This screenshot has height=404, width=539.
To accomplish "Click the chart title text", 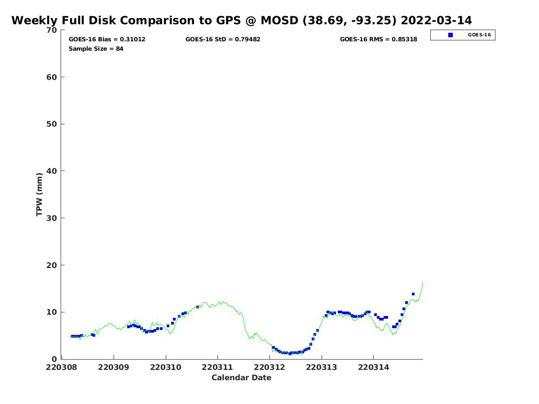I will coord(242,21).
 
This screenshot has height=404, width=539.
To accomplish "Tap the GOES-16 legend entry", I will coord(463,35).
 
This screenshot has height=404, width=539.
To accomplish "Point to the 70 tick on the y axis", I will coord(53,30).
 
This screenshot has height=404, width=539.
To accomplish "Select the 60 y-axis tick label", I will coord(53,77).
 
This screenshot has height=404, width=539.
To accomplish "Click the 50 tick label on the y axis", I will coord(53,124).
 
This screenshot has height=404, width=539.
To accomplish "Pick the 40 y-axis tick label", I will coord(53,171).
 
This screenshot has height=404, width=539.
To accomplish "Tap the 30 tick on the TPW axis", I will coord(53,218).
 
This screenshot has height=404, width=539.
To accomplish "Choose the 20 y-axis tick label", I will coord(53,265).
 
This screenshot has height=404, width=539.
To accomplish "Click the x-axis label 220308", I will coord(62,367).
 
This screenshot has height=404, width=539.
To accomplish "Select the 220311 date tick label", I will coord(217,367).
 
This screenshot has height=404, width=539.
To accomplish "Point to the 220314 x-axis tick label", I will coord(373,367).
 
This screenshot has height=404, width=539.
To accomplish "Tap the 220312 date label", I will coord(269,367).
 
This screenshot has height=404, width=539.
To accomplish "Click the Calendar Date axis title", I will coord(242,378).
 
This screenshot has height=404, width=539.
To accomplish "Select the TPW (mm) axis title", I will coord(40,194).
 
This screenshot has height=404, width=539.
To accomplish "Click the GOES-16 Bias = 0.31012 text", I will coord(107,40).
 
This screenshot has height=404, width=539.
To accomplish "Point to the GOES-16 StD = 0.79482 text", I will coord(223,40).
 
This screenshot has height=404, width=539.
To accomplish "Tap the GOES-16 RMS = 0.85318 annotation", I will coord(378,40).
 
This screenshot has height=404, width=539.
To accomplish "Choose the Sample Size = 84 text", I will coord(96,49).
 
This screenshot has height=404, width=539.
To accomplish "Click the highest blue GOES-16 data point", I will coord(413,294).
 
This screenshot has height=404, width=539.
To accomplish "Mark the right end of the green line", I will coord(423,282).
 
